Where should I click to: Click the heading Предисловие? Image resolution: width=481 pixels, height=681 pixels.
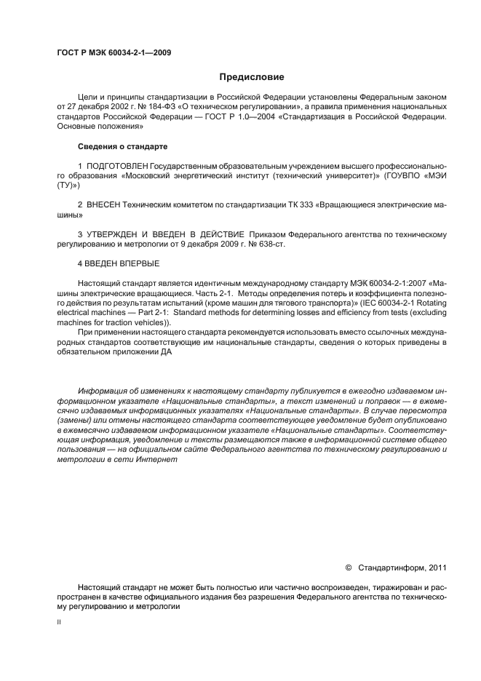point(251,77)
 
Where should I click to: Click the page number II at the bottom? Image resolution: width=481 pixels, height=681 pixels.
point(59,623)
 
